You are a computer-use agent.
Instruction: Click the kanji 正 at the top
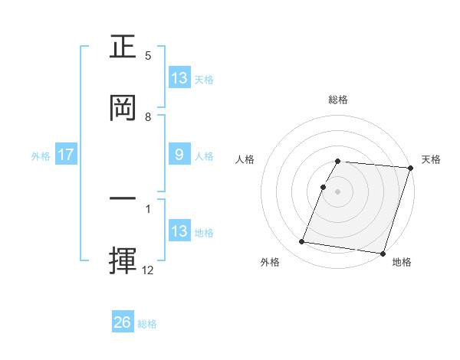(125, 46)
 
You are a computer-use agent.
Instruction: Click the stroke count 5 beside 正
(148, 56)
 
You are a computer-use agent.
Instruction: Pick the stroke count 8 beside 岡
(148, 117)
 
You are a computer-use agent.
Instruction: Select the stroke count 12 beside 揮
(148, 270)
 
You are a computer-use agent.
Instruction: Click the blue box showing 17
(66, 155)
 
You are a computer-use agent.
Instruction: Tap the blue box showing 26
(123, 323)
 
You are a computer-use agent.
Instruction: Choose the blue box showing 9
(179, 155)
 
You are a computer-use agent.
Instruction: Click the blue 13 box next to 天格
(179, 78)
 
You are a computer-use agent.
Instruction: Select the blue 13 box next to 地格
(179, 231)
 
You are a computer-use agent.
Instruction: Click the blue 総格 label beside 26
(147, 324)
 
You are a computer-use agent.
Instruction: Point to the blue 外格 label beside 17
(41, 156)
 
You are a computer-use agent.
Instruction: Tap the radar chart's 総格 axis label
(338, 100)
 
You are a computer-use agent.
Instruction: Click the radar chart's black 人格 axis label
(245, 159)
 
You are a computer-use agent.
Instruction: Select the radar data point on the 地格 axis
(383, 254)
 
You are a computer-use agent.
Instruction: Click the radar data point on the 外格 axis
(301, 242)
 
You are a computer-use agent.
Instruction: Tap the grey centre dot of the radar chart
(338, 191)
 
